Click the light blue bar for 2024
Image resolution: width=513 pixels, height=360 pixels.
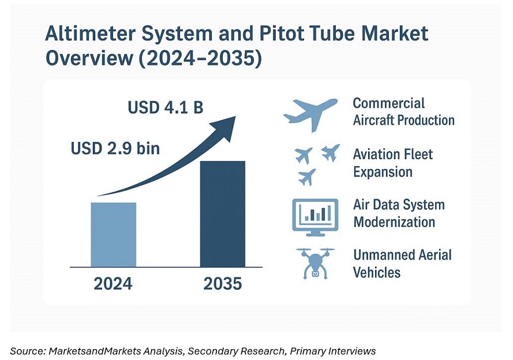[x=114, y=234]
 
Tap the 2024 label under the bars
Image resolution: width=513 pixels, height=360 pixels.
[x=113, y=284]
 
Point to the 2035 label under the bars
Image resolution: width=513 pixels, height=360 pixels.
[x=222, y=284]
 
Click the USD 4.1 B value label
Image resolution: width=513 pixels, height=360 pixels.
[x=166, y=108]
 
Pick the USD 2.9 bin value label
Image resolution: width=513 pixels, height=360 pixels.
[x=115, y=148]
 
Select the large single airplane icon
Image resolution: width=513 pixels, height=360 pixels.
[x=310, y=113]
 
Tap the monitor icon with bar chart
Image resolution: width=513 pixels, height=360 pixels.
[x=315, y=217]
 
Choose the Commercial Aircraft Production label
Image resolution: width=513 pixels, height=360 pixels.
[x=403, y=112]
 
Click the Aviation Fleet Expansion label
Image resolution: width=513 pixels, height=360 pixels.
[x=392, y=163]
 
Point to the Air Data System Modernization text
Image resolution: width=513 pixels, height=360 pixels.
[x=399, y=213]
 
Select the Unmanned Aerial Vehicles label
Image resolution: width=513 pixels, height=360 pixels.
[x=402, y=263]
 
